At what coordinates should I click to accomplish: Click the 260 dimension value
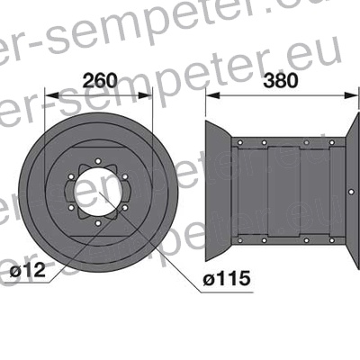click(99, 80)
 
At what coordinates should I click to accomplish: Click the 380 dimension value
click(283, 80)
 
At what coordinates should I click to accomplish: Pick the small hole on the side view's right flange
click(349, 190)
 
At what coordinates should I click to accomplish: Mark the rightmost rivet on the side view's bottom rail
click(329, 240)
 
